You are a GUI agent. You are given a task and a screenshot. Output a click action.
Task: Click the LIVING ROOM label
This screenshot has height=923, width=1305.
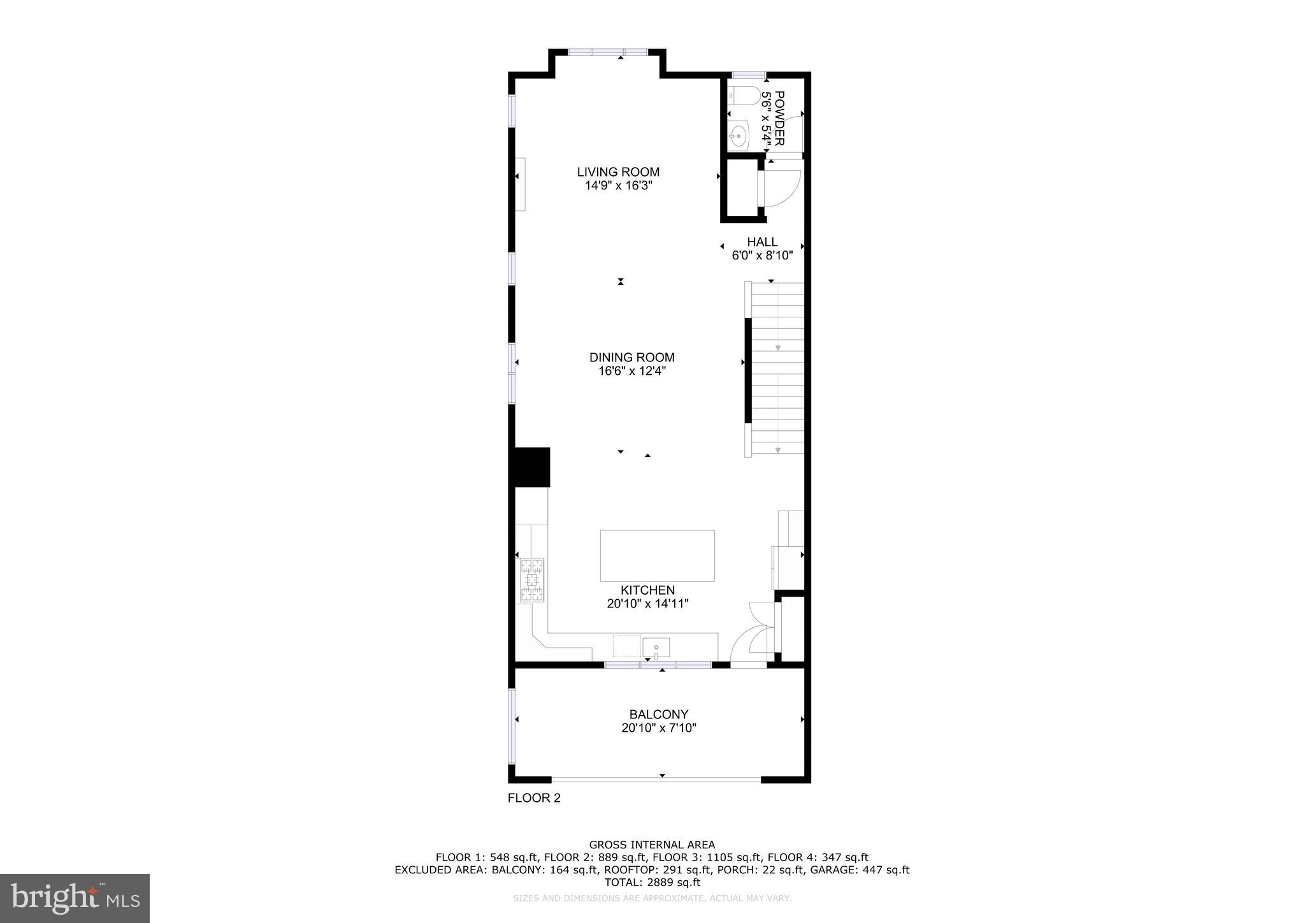pyautogui.click(x=618, y=172)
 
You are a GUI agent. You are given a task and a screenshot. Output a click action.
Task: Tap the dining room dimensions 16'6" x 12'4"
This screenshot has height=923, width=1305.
pyautogui.click(x=631, y=371)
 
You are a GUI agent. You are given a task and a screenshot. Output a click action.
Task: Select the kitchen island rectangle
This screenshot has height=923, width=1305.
pyautogui.click(x=657, y=556)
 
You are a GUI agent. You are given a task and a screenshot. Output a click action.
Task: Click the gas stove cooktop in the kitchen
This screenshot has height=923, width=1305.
pyautogui.click(x=532, y=580)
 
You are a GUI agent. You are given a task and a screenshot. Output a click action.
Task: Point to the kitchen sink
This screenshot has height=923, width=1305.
pyautogui.click(x=656, y=648)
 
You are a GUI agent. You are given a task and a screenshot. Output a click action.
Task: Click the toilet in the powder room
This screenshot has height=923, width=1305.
pyautogui.click(x=744, y=96)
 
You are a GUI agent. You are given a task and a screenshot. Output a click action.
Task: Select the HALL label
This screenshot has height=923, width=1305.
pyautogui.click(x=762, y=242)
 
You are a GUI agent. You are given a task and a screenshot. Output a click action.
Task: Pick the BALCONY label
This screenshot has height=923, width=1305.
pyautogui.click(x=659, y=715)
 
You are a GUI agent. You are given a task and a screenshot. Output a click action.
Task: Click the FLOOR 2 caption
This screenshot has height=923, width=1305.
pyautogui.click(x=534, y=798)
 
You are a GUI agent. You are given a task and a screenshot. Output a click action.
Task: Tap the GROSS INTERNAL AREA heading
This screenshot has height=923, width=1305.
pyautogui.click(x=652, y=845)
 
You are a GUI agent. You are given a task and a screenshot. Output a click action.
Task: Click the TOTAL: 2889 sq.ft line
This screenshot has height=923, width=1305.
pyautogui.click(x=652, y=883)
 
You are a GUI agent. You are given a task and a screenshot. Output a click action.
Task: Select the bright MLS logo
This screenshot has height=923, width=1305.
pyautogui.click(x=75, y=898)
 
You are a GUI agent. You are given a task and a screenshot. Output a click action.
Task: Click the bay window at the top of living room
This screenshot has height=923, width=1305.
pyautogui.click(x=608, y=53)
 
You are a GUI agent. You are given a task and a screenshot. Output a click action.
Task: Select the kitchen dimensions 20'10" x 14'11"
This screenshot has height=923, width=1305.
pyautogui.click(x=647, y=604)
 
